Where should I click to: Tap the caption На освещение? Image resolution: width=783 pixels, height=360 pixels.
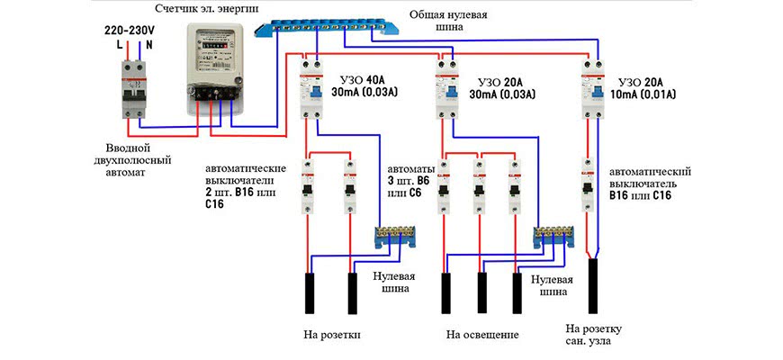tap(482, 336)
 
